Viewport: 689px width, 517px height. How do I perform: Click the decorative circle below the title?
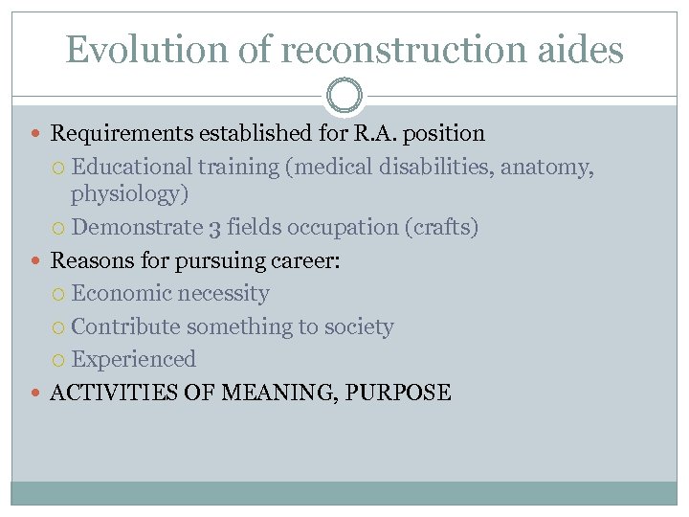[x=344, y=97]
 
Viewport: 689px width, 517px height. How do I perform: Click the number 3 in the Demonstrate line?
[x=214, y=228]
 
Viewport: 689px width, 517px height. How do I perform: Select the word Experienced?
[x=134, y=360]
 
